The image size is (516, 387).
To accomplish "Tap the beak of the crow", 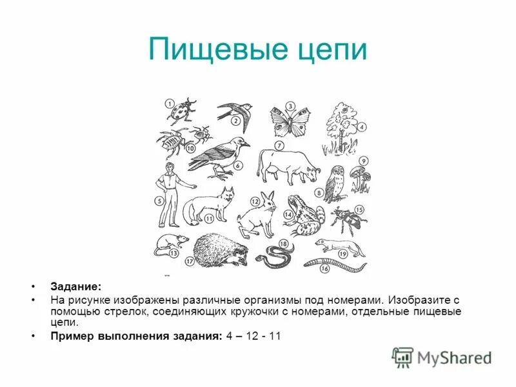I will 246,143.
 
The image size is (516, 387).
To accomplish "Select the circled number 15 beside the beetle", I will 359,210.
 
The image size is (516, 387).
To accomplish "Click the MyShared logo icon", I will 403,356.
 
